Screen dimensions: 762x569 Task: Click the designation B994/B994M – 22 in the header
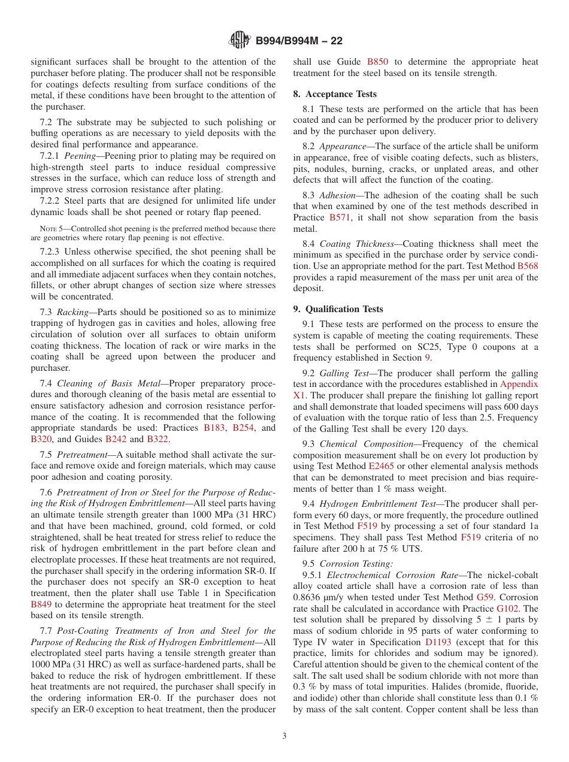(x=299, y=41)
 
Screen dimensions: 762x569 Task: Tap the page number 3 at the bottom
(x=284, y=736)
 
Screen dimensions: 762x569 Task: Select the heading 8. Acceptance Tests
(x=335, y=94)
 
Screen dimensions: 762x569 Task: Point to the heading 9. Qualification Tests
(x=338, y=309)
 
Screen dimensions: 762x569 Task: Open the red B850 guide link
(x=377, y=62)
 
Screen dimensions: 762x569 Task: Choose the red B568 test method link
(x=527, y=265)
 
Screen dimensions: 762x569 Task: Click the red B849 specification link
(x=42, y=604)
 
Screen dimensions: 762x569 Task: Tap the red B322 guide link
(x=158, y=439)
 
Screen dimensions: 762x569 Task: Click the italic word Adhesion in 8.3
(x=339, y=195)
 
